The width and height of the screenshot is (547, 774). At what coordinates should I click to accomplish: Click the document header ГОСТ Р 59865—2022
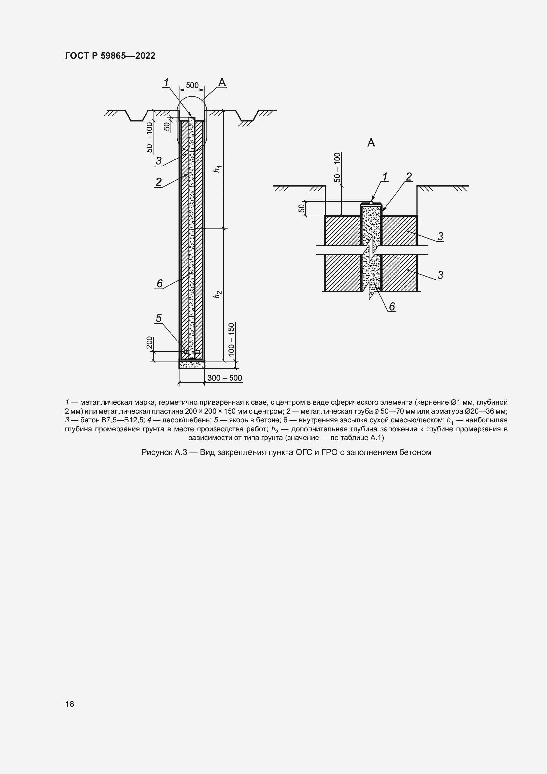pyautogui.click(x=110, y=56)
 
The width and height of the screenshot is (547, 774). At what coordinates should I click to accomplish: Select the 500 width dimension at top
pyautogui.click(x=192, y=85)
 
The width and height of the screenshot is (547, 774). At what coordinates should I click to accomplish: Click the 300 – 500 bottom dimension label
pyautogui.click(x=225, y=378)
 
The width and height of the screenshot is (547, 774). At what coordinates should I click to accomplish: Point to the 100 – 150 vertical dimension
pyautogui.click(x=231, y=340)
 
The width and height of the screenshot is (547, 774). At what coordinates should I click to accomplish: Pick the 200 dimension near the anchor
pyautogui.click(x=149, y=342)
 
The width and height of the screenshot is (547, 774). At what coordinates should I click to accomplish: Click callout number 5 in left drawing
pyautogui.click(x=159, y=318)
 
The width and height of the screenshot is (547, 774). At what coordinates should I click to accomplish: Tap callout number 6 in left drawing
pyautogui.click(x=160, y=283)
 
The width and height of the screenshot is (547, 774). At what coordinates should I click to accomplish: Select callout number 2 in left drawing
pyautogui.click(x=159, y=182)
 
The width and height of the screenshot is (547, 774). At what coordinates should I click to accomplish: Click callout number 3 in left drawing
pyautogui.click(x=159, y=161)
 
